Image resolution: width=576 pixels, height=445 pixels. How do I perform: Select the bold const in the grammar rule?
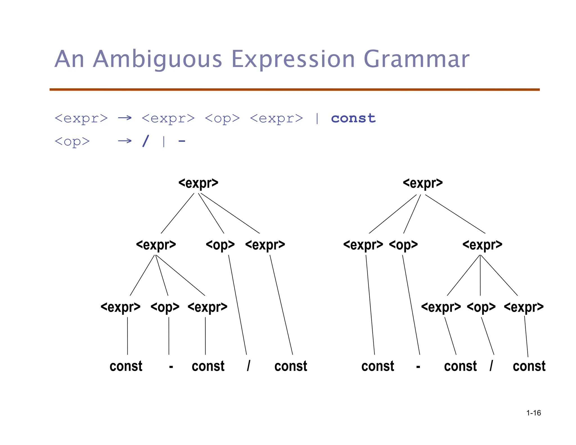(x=353, y=118)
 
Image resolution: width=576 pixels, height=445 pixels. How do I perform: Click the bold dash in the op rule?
(x=182, y=141)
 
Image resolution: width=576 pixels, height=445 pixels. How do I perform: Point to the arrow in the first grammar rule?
(x=125, y=118)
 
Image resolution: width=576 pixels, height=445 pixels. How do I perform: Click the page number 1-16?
(x=534, y=413)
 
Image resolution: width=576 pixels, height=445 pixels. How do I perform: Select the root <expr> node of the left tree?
(x=198, y=183)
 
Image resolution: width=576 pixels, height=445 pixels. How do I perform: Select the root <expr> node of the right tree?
(x=423, y=183)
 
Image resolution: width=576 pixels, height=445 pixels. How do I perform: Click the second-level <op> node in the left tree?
(x=220, y=245)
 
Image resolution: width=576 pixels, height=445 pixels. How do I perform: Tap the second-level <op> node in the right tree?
(x=403, y=245)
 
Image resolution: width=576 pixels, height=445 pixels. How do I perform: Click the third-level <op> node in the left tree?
(x=165, y=307)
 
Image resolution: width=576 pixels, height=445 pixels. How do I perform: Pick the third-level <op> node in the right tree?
(x=481, y=307)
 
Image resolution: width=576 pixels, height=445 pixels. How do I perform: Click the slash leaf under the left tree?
(x=248, y=366)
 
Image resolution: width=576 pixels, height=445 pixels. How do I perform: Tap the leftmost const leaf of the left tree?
(x=126, y=366)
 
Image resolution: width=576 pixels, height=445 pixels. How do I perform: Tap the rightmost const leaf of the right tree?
(x=529, y=366)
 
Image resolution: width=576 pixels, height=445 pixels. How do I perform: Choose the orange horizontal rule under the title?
(x=294, y=89)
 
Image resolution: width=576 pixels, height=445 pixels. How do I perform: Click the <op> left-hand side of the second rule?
(x=72, y=141)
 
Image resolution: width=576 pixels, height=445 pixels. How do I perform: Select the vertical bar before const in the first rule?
(x=317, y=118)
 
